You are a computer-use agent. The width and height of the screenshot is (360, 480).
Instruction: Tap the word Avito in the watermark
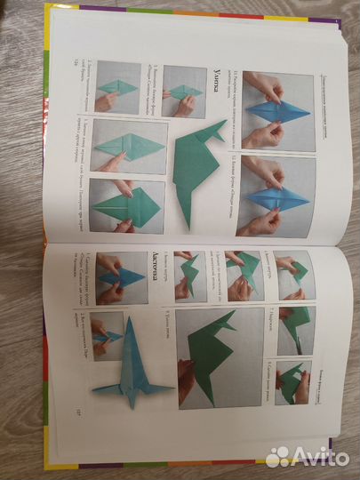pyautogui.click(x=312, y=455)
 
